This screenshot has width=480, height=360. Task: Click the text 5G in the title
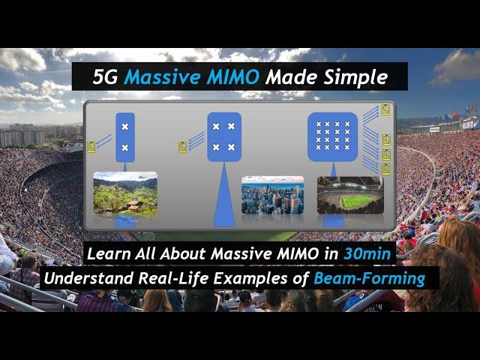pos(105,76)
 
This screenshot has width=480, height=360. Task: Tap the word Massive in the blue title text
pos(162,76)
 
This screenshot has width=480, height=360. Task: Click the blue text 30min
pos(367,253)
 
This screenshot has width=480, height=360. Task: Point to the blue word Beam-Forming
pos(370,278)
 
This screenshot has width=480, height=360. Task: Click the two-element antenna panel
pos(125,137)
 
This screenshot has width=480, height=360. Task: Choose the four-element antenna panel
pos(224,136)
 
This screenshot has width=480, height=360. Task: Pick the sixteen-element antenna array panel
pos(332,136)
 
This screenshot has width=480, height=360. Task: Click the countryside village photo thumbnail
pos(125,193)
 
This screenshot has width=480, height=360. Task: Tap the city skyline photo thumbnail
pos(272,195)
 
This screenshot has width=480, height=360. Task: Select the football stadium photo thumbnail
pos(350,195)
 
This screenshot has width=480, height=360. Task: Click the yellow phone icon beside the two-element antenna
pos(91,147)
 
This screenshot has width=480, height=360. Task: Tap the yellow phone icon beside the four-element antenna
pos(182,147)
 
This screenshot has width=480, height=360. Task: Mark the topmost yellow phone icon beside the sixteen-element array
pos(385,110)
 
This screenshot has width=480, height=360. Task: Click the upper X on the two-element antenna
pos(125,127)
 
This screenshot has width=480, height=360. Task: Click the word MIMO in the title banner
pos(232,76)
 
